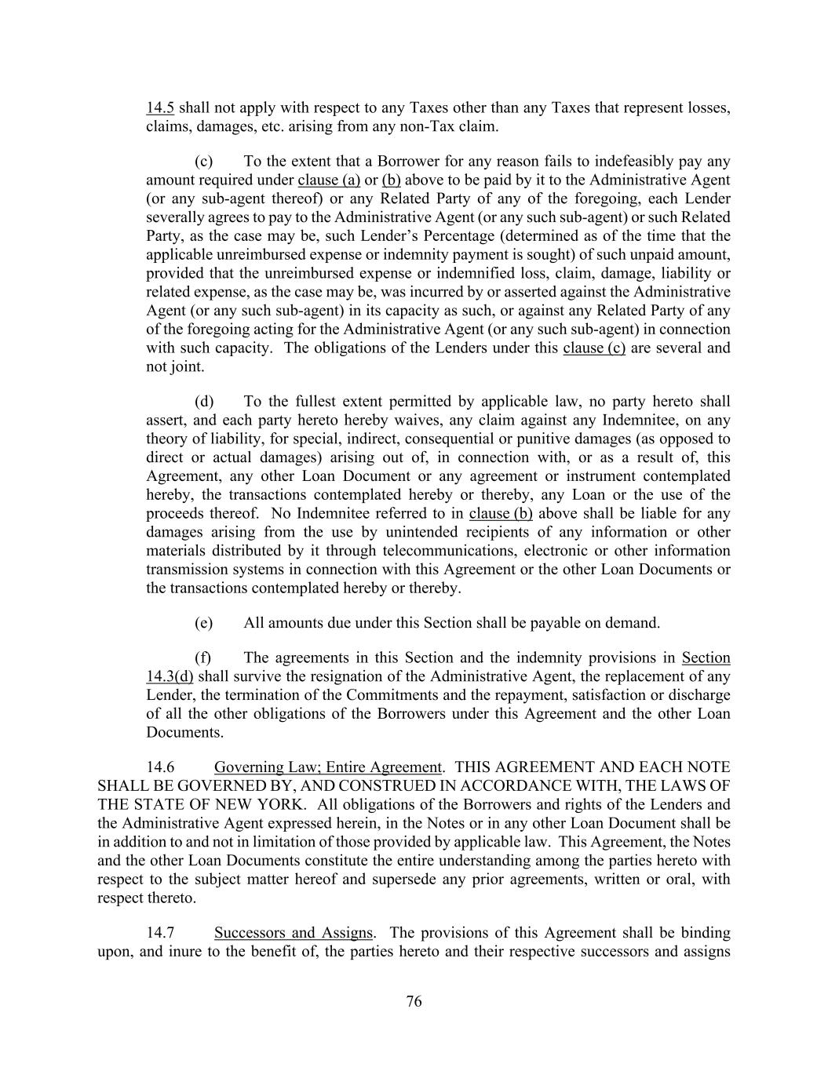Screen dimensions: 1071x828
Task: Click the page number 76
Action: click(x=414, y=1001)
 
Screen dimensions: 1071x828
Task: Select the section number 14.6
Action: click(x=160, y=767)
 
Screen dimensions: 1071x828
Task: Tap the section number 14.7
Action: click(x=160, y=933)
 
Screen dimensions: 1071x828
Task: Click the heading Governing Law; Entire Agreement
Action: click(x=327, y=767)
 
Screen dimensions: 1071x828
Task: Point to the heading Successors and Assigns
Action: click(x=293, y=933)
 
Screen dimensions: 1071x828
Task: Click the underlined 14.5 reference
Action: click(x=159, y=107)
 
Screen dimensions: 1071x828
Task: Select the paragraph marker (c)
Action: click(x=203, y=162)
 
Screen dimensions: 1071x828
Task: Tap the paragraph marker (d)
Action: click(x=203, y=402)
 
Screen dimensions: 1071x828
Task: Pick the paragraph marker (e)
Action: click(x=203, y=623)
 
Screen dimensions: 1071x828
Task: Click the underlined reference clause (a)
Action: click(x=329, y=180)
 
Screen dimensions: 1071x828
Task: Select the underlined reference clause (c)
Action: click(x=594, y=348)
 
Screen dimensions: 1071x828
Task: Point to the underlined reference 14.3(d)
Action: click(x=170, y=677)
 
